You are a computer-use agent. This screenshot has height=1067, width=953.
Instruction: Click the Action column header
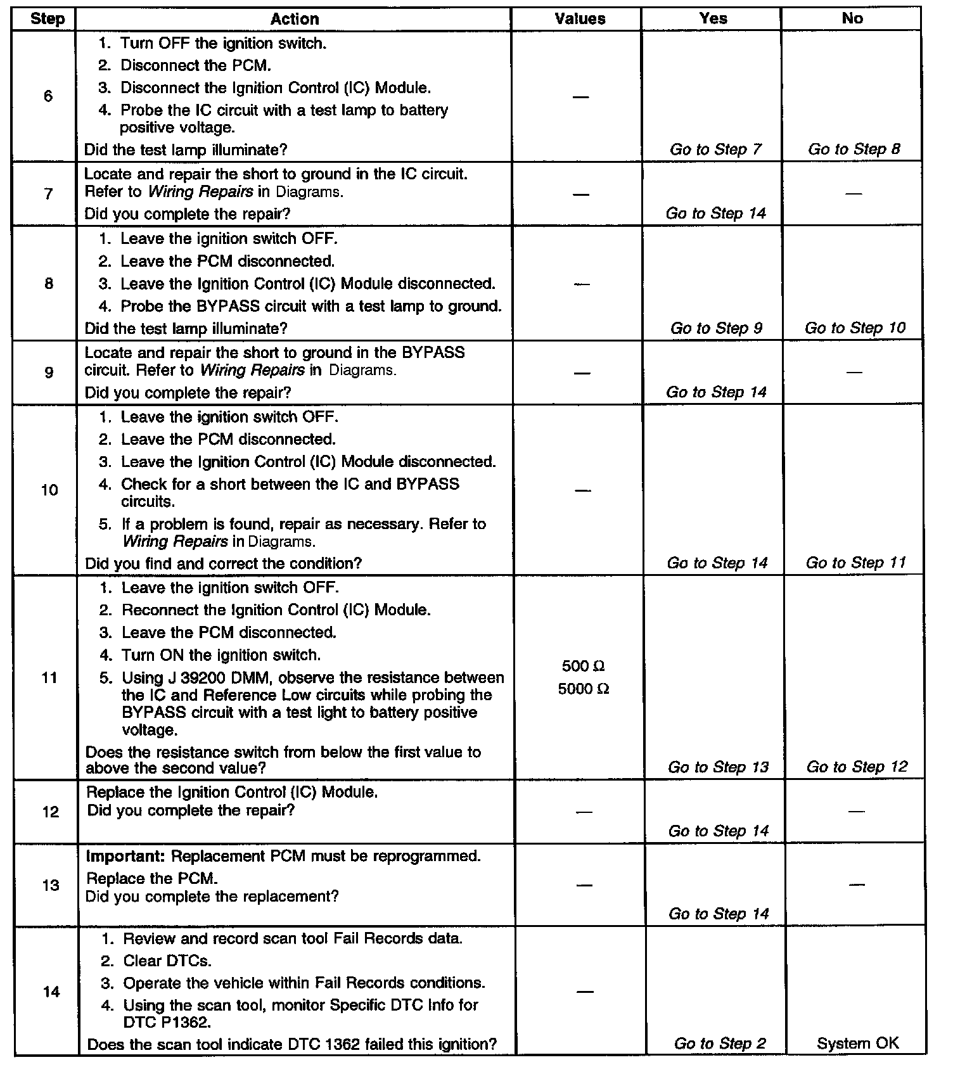(295, 19)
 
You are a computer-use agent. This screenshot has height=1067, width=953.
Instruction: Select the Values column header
(580, 19)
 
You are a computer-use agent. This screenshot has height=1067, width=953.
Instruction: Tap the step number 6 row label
(48, 96)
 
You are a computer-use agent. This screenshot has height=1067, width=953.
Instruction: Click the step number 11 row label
(49, 677)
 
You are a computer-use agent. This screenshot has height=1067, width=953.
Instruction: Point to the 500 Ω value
(583, 666)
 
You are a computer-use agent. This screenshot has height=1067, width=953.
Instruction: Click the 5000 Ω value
(583, 689)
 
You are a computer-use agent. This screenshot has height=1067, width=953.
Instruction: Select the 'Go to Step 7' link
(715, 150)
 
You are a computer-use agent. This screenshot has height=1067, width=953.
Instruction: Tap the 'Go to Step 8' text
(854, 150)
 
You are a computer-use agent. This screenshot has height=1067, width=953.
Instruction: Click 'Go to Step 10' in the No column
(855, 328)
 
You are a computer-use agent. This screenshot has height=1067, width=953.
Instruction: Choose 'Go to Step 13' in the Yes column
(718, 767)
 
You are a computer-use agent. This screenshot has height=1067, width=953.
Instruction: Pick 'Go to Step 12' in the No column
(857, 767)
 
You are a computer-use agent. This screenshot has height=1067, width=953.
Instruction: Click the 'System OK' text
(857, 1044)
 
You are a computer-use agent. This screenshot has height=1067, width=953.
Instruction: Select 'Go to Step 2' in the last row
(720, 1044)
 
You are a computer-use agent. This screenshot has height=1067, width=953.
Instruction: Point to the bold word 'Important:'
(126, 856)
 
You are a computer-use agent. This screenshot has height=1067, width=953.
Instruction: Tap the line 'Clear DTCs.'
(167, 961)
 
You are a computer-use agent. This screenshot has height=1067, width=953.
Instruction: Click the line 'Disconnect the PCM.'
(195, 65)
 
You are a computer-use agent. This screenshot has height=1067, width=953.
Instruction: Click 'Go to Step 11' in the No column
(855, 563)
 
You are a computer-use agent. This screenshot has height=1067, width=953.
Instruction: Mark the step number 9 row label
(49, 372)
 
